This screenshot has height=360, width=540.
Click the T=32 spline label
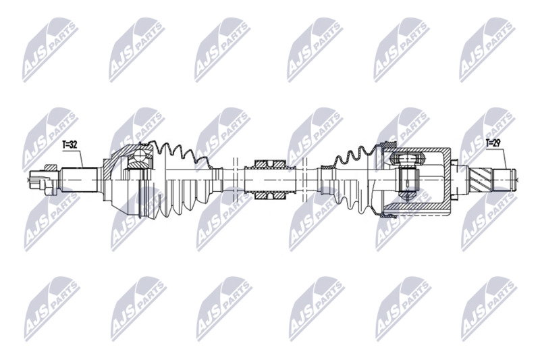click(70, 145)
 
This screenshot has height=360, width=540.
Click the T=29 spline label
click(493, 143)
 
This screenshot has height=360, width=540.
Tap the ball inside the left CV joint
click(140, 156)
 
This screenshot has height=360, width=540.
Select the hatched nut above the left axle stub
click(51, 167)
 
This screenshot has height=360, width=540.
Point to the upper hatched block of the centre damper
click(269, 164)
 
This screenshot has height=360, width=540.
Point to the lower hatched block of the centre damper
click(269, 196)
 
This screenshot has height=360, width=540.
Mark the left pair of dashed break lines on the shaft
click(236, 180)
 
